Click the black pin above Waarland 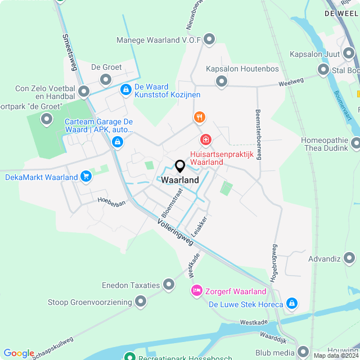[x=180, y=166]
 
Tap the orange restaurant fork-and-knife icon [x=199, y=117]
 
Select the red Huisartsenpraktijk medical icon [x=206, y=138]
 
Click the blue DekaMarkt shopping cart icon [x=85, y=177]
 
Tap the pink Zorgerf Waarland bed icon [x=196, y=291]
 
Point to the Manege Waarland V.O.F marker [x=210, y=39]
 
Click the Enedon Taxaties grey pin [x=168, y=285]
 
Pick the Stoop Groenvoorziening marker [x=141, y=302]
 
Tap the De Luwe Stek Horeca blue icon [x=291, y=304]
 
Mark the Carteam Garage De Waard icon [x=117, y=142]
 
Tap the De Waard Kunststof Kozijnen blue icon [x=125, y=89]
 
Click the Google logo [x=19, y=353]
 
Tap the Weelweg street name [x=291, y=82]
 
